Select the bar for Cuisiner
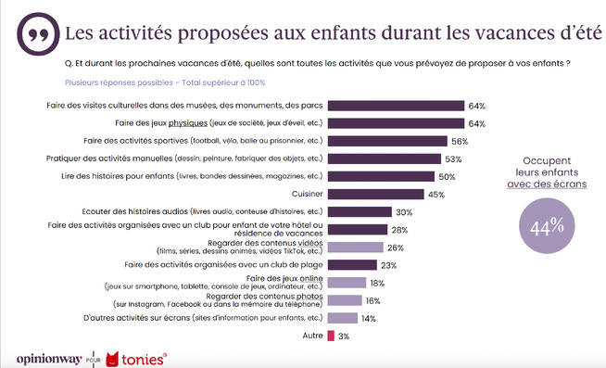pos(375,194)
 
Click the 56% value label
pos(460,141)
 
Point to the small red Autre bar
pos(331,336)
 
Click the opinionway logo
pos(45,357)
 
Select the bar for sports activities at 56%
pos(387,141)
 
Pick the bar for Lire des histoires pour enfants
pos(381,176)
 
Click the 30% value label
pos(403,211)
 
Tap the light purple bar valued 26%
pos(355,247)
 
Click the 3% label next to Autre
pos(344,336)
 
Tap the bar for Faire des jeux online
pos(347,283)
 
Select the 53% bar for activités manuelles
pos(385,159)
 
